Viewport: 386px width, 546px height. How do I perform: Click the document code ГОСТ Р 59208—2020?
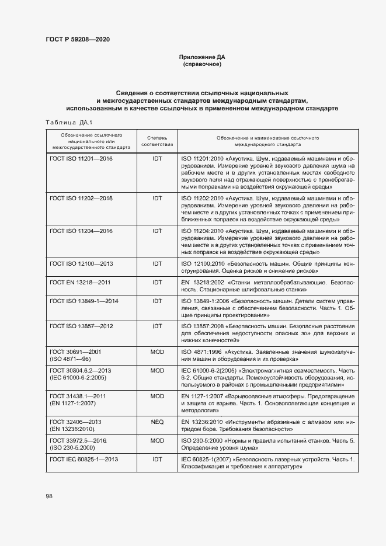pos(77,40)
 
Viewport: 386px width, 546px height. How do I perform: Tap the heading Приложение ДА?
pos(201,57)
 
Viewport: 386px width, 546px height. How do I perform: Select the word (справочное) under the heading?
pos(201,64)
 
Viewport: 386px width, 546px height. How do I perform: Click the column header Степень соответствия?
pos(157,140)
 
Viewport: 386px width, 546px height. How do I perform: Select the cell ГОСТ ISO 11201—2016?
pos(81,158)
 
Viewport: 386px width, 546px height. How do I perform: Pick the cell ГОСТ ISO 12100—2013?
pos(81,264)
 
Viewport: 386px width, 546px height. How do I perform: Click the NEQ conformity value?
pos(157,421)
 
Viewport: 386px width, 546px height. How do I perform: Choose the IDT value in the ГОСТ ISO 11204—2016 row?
pos(157,232)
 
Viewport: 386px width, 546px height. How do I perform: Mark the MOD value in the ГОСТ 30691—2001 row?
pos(157,352)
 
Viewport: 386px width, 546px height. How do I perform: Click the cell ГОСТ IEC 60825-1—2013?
pos(84,460)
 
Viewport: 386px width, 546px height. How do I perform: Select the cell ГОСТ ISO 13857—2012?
pos(81,325)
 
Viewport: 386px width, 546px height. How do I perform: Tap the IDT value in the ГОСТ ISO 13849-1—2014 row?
pos(157,300)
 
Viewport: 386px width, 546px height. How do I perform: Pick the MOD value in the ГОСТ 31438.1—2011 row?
pos(157,396)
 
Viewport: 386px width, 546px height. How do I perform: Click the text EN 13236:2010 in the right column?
pos(200,421)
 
